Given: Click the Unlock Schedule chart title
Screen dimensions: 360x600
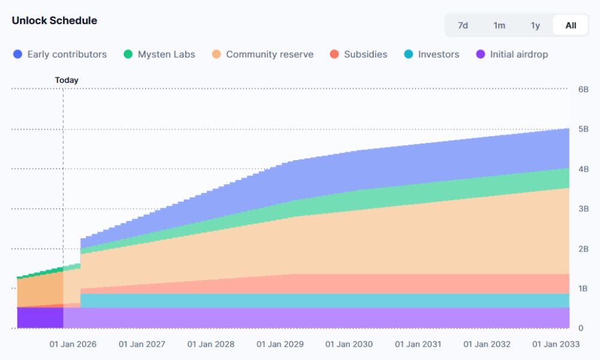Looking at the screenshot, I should click(x=54, y=20).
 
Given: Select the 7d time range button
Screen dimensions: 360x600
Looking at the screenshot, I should click(x=463, y=25).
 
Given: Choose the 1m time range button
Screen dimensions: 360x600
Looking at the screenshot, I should click(x=499, y=25).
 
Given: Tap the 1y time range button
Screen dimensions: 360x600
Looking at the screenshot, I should click(x=535, y=25).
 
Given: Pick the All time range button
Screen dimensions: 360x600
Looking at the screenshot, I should click(x=571, y=25).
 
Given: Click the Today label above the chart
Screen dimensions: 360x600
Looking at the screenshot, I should click(x=67, y=80).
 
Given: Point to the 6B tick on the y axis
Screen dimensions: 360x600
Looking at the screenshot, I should click(x=583, y=89).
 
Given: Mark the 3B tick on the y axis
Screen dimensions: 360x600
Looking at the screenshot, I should click(x=583, y=209).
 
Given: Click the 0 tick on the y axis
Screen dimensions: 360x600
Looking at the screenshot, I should click(x=581, y=328).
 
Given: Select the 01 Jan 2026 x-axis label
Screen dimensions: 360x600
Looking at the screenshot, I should click(x=73, y=344).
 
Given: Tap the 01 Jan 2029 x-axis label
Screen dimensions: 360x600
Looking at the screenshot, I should click(x=280, y=344).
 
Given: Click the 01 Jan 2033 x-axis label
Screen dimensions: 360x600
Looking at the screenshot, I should click(x=557, y=344).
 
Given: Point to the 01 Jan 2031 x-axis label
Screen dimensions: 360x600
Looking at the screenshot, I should click(x=418, y=344).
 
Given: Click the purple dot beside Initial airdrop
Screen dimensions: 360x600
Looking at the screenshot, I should click(x=480, y=54).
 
